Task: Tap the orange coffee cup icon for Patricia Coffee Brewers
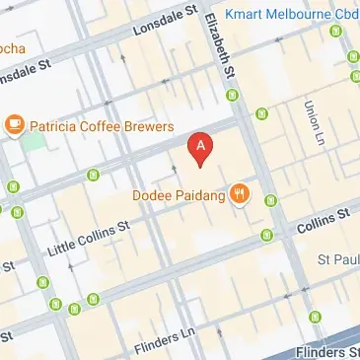tap(15, 125)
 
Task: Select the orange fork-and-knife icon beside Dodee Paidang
tap(239, 193)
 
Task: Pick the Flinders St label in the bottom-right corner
tap(331, 351)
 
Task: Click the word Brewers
tap(150, 126)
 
